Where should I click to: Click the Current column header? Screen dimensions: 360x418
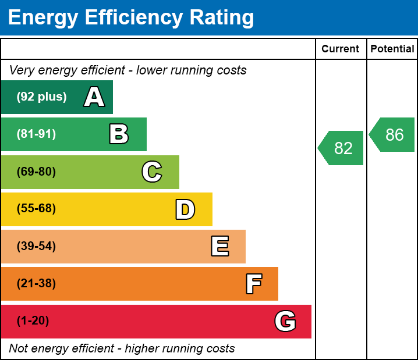tap(341, 49)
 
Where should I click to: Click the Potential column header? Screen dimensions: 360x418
tap(392, 49)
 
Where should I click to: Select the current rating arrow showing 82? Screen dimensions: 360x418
tap(342, 148)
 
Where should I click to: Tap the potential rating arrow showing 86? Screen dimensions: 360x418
tap(393, 135)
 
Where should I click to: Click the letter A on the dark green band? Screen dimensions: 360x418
tap(94, 97)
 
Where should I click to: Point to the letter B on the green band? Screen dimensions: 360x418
tap(119, 134)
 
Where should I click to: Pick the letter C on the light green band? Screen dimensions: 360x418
tap(152, 172)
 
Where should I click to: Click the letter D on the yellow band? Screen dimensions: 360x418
tap(185, 209)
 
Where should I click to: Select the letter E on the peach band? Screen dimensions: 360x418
tap(219, 247)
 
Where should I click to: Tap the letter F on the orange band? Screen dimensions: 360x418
tap(253, 284)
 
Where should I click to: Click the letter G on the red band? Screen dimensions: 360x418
tap(285, 321)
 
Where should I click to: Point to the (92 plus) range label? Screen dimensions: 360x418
tap(41, 97)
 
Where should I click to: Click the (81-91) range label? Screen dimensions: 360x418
tap(36, 134)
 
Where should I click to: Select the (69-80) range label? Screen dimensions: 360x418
tap(36, 172)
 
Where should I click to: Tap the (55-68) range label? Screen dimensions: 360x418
tap(36, 209)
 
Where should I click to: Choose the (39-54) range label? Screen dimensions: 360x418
tap(36, 247)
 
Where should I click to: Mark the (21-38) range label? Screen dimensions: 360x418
tap(36, 284)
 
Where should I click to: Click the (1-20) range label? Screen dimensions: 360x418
tap(33, 321)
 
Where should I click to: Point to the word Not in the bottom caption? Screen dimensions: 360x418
tap(19, 349)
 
